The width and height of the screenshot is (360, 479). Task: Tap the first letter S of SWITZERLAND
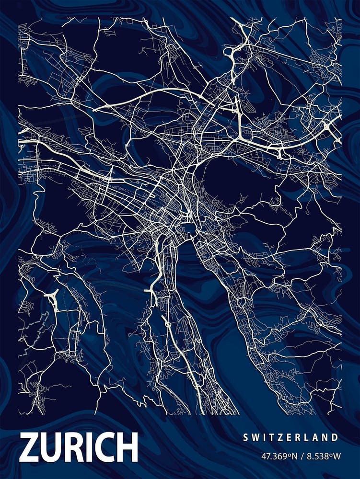point(245,437)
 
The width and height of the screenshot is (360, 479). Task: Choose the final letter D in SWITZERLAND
point(335,437)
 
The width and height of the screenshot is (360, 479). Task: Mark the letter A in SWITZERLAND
point(315,437)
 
